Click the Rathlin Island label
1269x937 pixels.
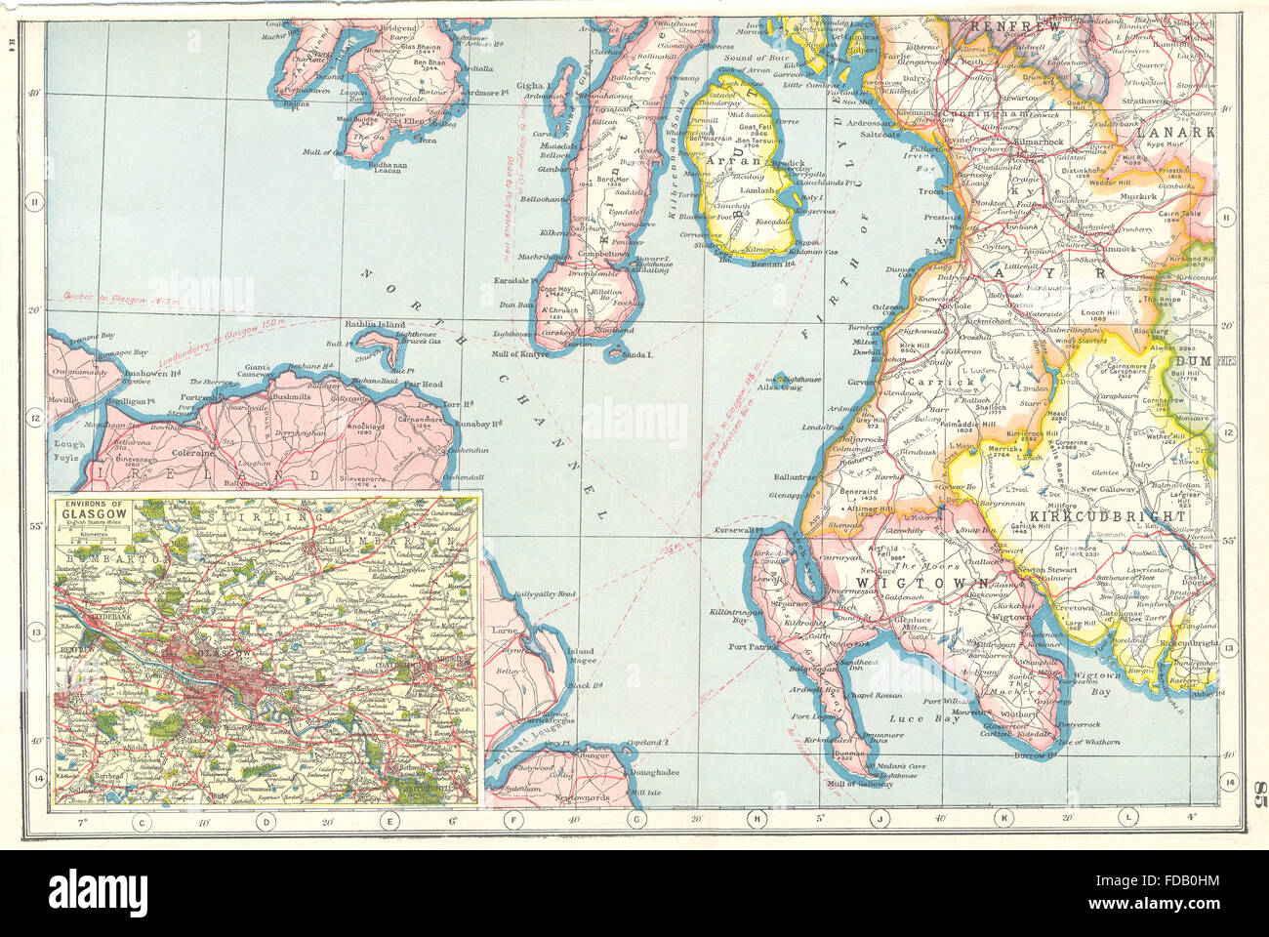click(374, 325)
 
